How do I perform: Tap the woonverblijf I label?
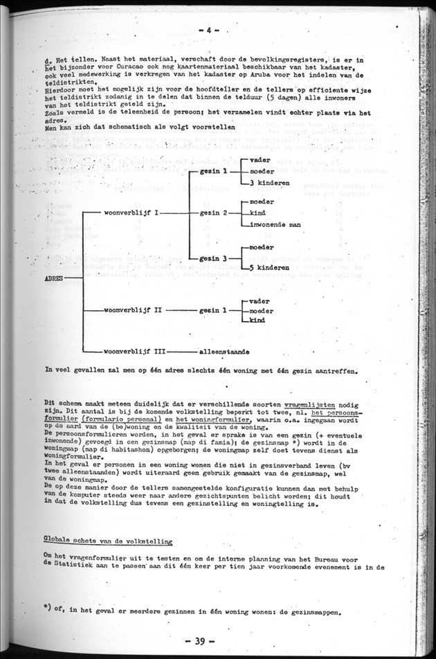[131, 213]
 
